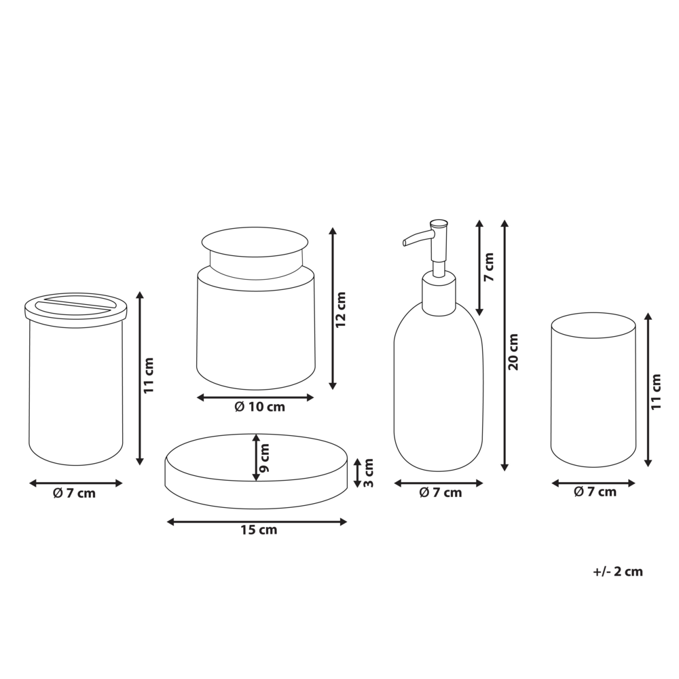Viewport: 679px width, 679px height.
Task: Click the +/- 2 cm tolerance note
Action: tap(617, 572)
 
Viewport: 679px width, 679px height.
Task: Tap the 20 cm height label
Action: tap(513, 352)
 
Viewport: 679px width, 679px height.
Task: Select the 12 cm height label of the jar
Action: tap(341, 310)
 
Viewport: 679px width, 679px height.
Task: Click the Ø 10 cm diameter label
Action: tap(259, 407)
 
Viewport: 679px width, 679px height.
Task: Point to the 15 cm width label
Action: tap(259, 530)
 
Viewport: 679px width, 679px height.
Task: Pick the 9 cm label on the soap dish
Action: tap(265, 458)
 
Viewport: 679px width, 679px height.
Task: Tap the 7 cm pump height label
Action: tap(490, 268)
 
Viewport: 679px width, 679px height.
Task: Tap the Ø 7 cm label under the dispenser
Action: tap(440, 493)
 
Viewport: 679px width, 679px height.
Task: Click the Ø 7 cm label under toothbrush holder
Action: tap(74, 494)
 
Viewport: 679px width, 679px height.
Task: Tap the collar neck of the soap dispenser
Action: tap(439, 293)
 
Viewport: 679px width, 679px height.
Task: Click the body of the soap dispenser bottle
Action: tap(439, 394)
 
